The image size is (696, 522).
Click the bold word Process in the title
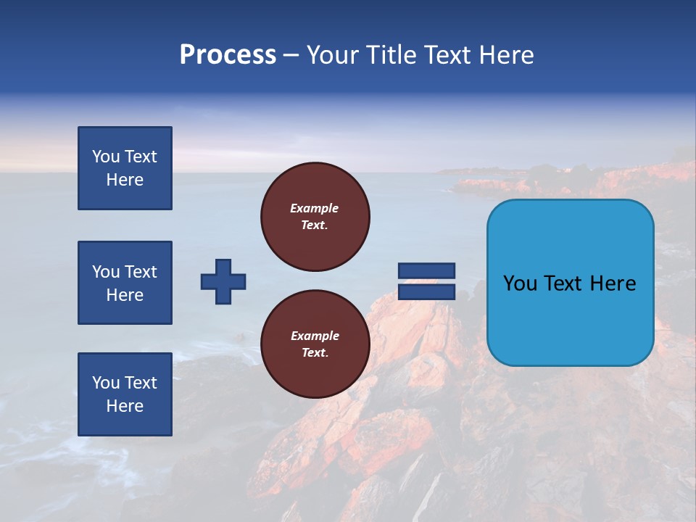pos(228,55)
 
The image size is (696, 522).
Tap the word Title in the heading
pos(392,55)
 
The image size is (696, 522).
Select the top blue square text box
pos(125,168)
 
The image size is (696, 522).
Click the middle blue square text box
pos(125,283)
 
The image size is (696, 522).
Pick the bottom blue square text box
pos(125,394)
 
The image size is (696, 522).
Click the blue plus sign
pos(223,281)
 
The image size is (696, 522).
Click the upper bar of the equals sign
pos(426,270)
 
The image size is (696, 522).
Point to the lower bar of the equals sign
pos(426,291)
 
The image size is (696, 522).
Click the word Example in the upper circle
pos(315,208)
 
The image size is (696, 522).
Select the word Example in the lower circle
pos(315,336)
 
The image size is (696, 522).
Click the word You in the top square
pos(106,157)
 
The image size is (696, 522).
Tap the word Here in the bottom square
pos(125,406)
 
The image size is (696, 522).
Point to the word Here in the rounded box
pos(613,283)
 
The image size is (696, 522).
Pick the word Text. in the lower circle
pos(315,353)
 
